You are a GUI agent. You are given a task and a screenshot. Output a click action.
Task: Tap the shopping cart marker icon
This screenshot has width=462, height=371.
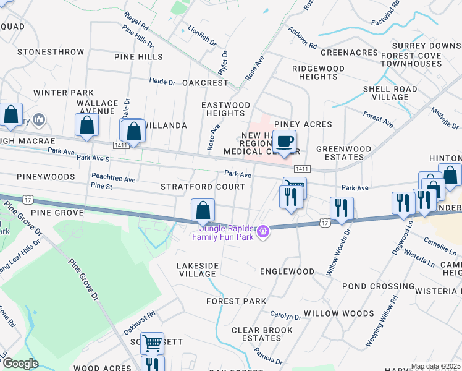[x=152, y=343]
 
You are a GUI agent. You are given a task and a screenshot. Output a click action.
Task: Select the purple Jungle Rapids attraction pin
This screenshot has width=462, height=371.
[x=264, y=231]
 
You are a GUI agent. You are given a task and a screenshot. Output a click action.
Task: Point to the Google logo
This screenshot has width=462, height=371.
[x=20, y=364]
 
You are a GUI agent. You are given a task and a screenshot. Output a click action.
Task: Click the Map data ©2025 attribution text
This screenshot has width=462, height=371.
[x=435, y=366]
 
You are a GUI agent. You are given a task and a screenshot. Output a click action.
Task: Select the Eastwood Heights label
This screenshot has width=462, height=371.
[x=226, y=109]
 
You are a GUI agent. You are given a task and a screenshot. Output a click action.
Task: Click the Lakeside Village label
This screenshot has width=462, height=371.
[x=198, y=270]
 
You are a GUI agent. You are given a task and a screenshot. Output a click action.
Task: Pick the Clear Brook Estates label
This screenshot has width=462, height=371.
[x=262, y=334]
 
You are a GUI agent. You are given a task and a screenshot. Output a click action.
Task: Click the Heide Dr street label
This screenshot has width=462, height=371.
[x=163, y=81]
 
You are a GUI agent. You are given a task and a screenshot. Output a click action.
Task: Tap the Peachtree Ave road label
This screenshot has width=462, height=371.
[x=113, y=178]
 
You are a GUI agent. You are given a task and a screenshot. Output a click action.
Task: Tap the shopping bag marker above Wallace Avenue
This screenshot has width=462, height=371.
[x=86, y=125]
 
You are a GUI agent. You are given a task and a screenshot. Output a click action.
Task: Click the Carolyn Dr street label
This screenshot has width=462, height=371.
[x=285, y=317]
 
